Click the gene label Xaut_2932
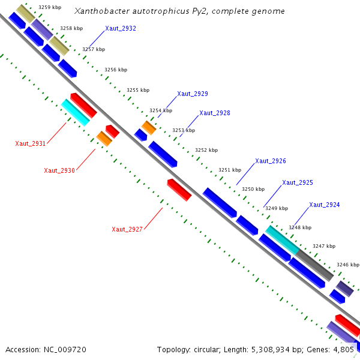click(120, 28)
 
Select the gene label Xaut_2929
click(192, 94)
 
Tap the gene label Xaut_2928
click(214, 113)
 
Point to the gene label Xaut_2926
click(270, 161)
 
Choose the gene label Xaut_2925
click(297, 182)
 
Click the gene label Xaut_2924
click(324, 205)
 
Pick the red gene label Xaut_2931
click(30, 143)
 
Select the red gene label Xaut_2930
click(59, 170)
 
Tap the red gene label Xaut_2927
click(127, 229)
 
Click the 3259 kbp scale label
click(49, 8)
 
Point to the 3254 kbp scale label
click(161, 110)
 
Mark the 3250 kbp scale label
click(253, 189)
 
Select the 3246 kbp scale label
click(347, 265)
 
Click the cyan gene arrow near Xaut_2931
click(76, 113)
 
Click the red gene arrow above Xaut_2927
click(179, 190)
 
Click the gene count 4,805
click(344, 349)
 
